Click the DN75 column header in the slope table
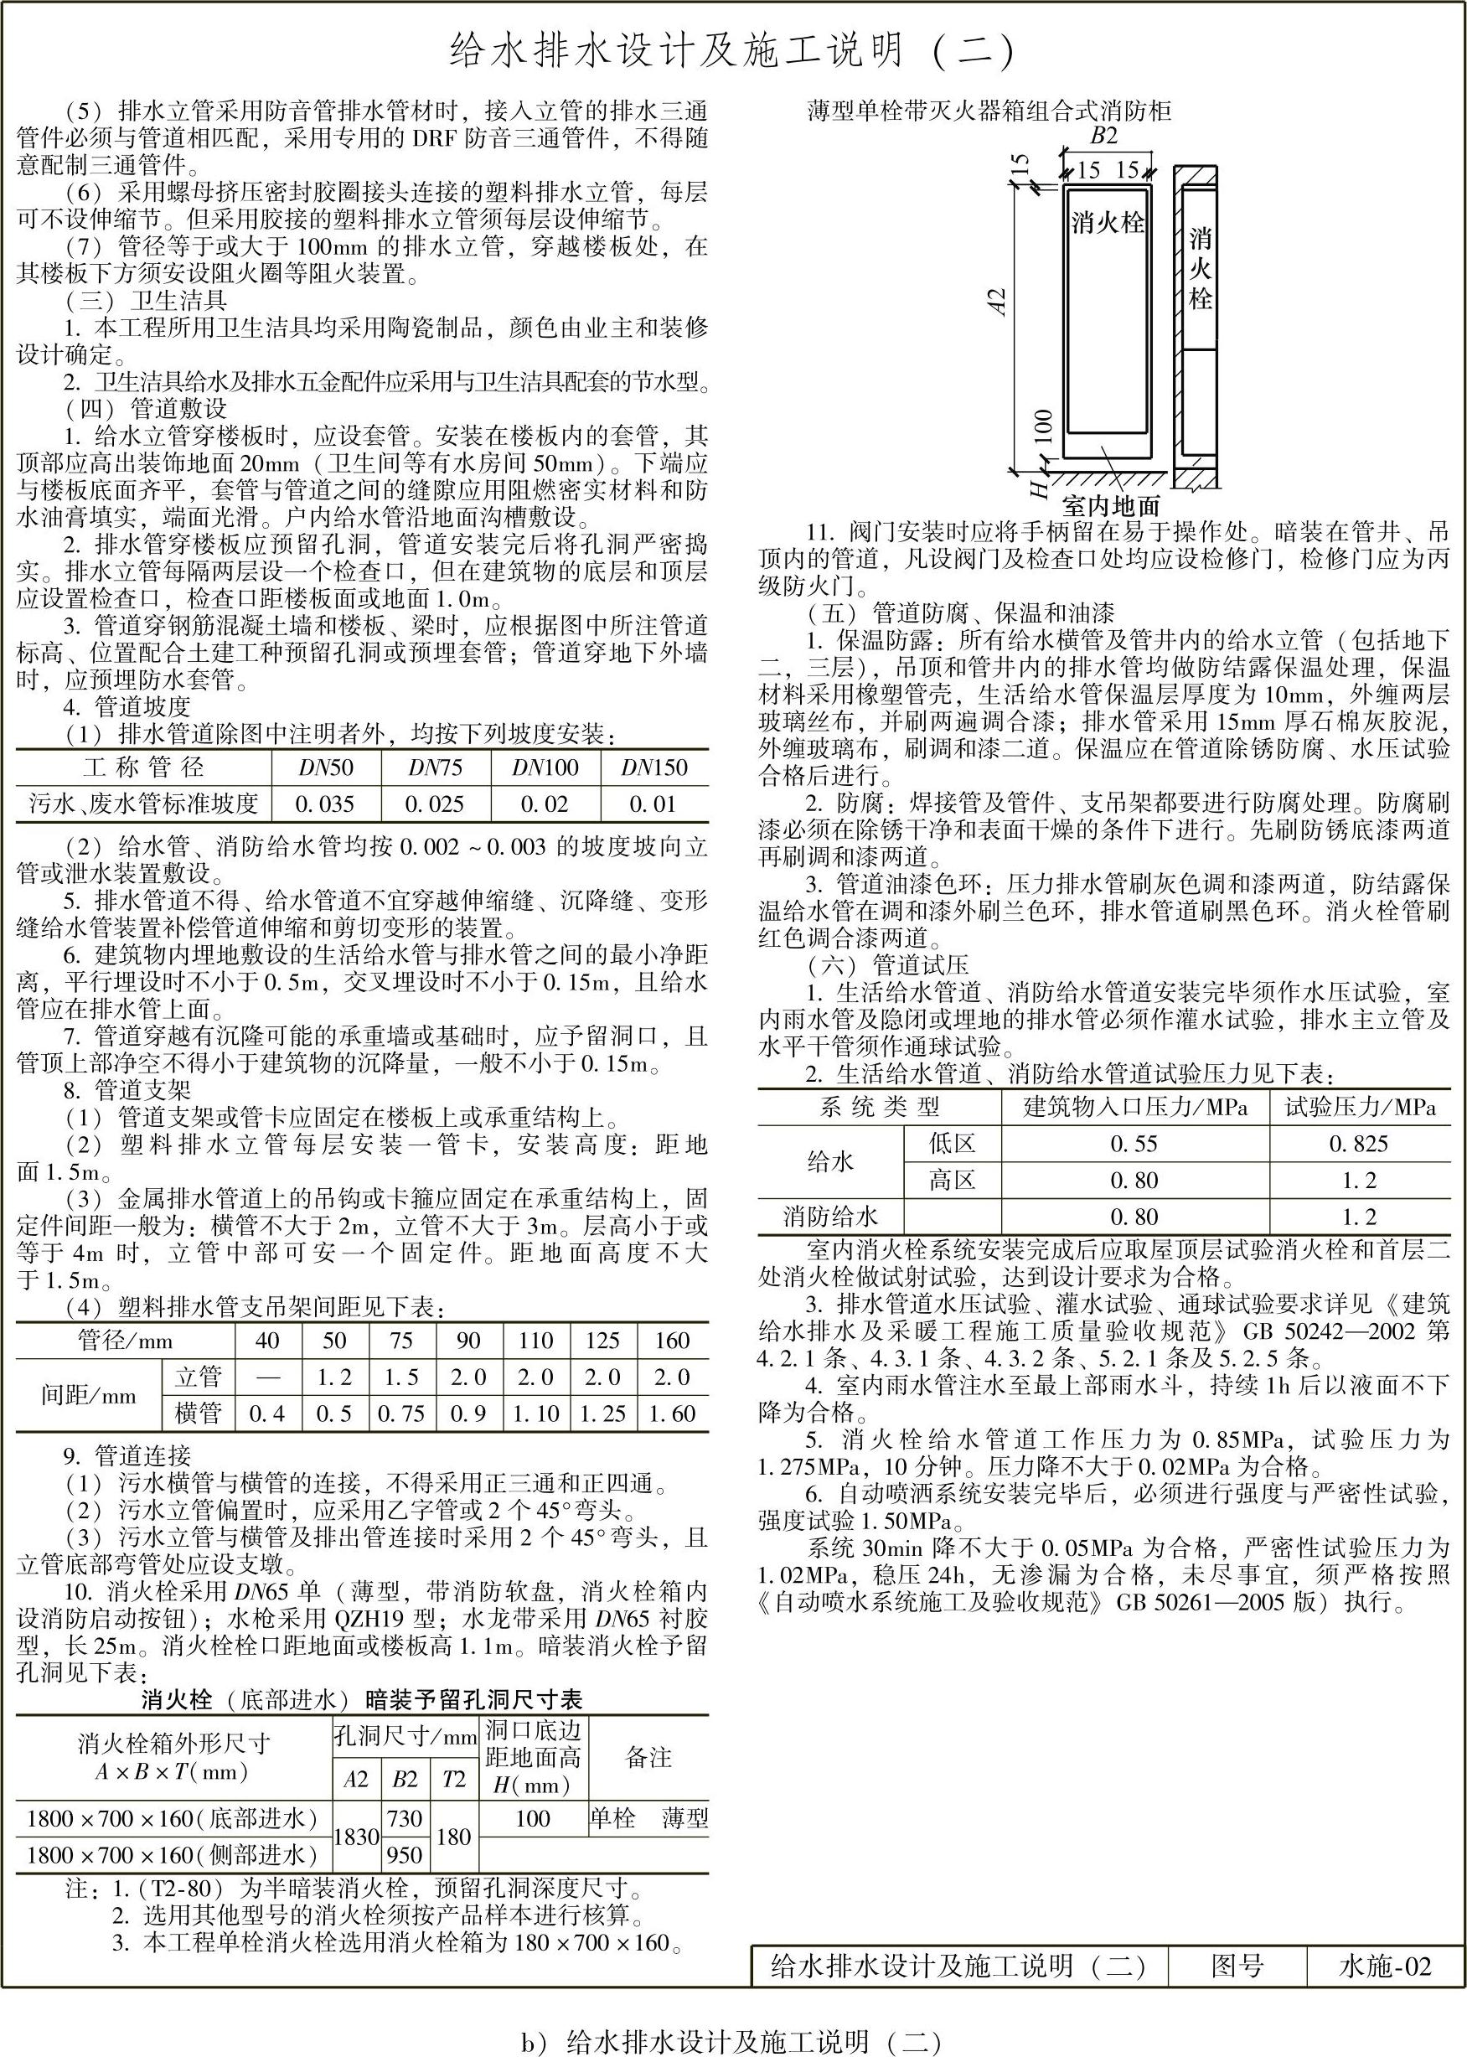[436, 767]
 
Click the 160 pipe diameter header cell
[672, 1341]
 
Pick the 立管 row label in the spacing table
[198, 1377]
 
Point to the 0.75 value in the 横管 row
[401, 1414]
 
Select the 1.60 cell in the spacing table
[672, 1414]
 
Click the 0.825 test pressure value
[1358, 1144]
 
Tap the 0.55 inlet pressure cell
[1134, 1144]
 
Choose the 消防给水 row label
[830, 1217]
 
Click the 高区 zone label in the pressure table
[952, 1181]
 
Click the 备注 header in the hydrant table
[648, 1757]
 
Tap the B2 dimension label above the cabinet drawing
[1104, 137]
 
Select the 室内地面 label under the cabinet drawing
[1111, 505]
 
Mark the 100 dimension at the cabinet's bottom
[1042, 426]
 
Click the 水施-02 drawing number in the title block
[1385, 1962]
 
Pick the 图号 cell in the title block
[1237, 1962]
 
